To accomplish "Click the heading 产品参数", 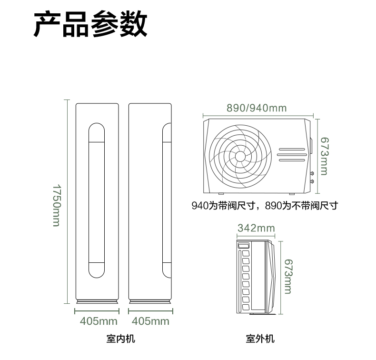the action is [x=90, y=24].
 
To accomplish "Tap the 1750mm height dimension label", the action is [x=57, y=205].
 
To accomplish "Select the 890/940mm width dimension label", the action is [x=257, y=108].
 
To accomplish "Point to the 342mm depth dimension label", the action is [x=256, y=228].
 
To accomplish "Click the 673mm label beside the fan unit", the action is [x=324, y=156].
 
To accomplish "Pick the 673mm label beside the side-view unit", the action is [x=288, y=276].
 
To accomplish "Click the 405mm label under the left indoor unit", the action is [x=99, y=321].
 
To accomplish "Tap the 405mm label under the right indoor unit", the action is [x=150, y=321].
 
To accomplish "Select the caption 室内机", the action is [x=120, y=339].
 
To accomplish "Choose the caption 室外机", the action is [x=260, y=339].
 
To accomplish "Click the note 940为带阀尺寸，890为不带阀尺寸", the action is [x=265, y=206].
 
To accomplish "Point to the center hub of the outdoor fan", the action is [x=240, y=157].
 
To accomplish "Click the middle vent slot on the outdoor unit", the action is [x=292, y=155].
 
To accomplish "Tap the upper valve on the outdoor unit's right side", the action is [x=312, y=173].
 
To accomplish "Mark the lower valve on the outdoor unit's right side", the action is [x=312, y=181].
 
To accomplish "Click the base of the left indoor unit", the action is [x=97, y=302].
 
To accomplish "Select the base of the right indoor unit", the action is [x=150, y=302].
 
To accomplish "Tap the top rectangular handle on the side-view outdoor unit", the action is [x=244, y=245].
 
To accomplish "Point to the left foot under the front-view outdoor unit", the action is [x=221, y=193].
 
